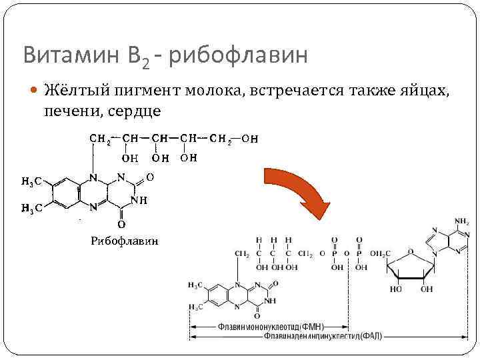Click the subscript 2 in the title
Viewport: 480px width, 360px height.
click(145, 62)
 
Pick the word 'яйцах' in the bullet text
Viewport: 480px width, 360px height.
click(427, 91)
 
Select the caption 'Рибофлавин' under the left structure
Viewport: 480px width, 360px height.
click(124, 240)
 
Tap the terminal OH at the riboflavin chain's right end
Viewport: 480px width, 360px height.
click(250, 139)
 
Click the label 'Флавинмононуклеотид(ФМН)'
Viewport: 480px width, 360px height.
click(270, 327)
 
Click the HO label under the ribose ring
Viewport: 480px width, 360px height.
click(396, 289)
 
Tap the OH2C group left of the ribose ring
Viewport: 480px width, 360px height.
click(377, 254)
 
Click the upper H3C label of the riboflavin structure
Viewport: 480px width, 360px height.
click(32, 181)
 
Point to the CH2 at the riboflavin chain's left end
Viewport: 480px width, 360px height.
click(101, 139)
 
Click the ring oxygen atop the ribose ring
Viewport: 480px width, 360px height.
click(412, 251)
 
